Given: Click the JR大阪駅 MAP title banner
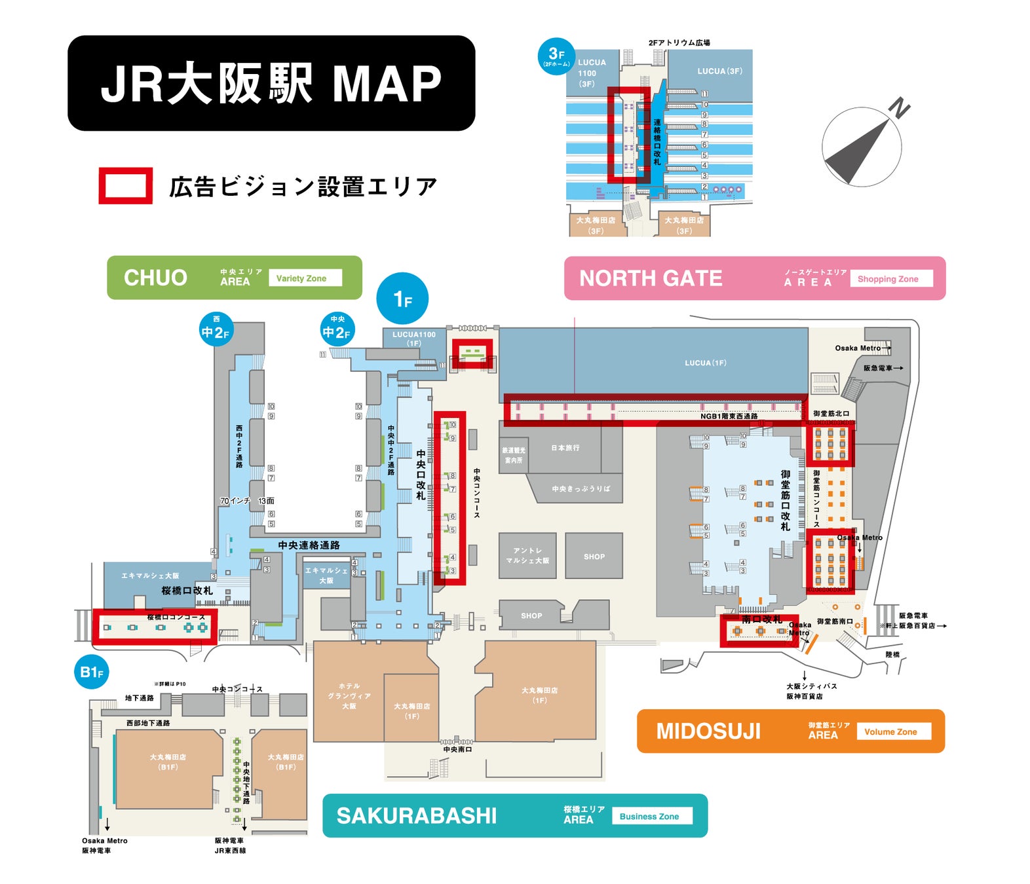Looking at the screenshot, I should tap(271, 83).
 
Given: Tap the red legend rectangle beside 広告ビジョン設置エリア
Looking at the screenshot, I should tap(125, 186).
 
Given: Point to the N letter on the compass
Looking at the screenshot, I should tap(900, 107).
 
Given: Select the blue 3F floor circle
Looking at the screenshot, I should tap(556, 56).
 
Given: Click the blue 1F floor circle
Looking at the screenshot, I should tap(402, 299).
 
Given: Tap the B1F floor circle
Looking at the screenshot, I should tap(92, 672).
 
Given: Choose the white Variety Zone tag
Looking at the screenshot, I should tap(305, 278).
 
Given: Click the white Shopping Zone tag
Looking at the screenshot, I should tap(891, 279).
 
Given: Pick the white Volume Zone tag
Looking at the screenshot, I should tap(894, 731).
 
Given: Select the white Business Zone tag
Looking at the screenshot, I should tap(652, 817).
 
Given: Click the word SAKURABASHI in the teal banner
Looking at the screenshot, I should tap(417, 816).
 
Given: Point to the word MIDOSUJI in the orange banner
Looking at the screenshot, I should tap(708, 731).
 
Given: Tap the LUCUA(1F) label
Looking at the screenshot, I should tap(705, 363).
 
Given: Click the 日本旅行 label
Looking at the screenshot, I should tap(565, 448).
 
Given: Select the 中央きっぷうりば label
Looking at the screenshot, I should tap(581, 488).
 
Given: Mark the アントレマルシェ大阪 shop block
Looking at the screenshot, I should tap(527, 556).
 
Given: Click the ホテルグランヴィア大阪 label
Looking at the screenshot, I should tap(349, 696).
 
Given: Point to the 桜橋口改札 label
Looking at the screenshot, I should tap(187, 591).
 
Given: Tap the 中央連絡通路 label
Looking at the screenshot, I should tap(309, 545).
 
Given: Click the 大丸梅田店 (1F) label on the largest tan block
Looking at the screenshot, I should tap(539, 695).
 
